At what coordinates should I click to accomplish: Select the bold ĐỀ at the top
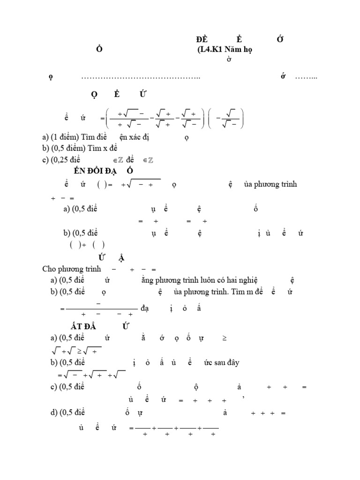pyautogui.click(x=202, y=39)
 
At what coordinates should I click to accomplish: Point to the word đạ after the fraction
pyautogui.click(x=146, y=308)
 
